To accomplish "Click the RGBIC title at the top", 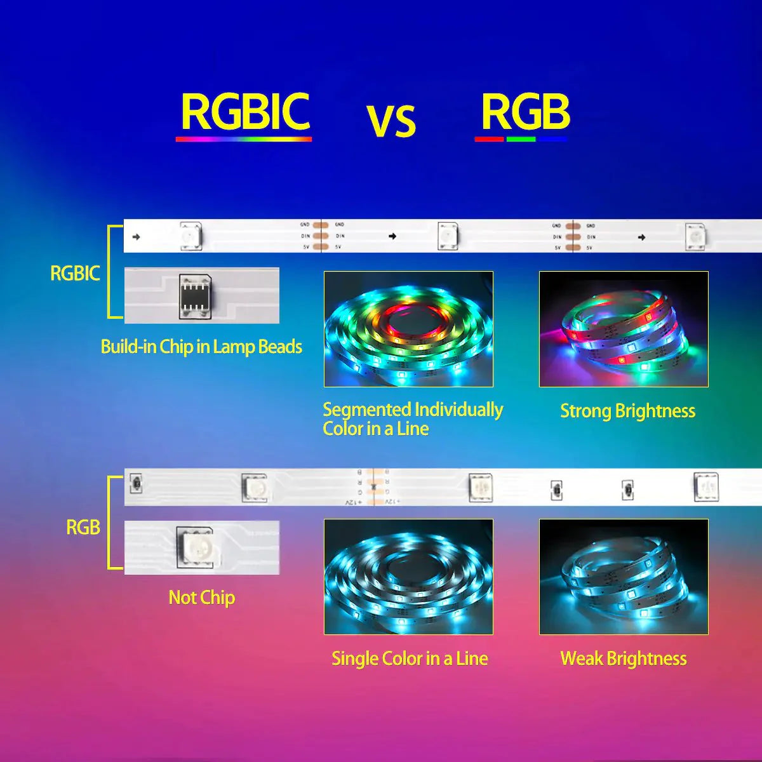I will point(245,112).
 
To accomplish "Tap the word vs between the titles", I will point(391,121).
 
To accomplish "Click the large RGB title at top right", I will point(525,112).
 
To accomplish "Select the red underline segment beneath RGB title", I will point(489,138).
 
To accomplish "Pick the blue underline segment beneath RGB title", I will point(552,138).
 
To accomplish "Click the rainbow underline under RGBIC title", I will point(244,138).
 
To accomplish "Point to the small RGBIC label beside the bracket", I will point(75,274).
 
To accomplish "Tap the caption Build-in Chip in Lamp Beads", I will point(201,347).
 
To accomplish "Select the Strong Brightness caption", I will point(627,411).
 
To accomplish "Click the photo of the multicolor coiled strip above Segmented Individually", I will point(408,329).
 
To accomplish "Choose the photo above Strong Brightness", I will point(624,329).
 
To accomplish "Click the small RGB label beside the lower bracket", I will point(83,527).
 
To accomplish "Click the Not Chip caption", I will point(201,598).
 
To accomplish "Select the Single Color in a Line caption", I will point(410,658).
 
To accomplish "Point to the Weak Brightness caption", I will point(623,658).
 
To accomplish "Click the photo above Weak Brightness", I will point(624,577).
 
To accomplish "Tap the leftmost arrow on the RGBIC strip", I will point(136,237).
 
